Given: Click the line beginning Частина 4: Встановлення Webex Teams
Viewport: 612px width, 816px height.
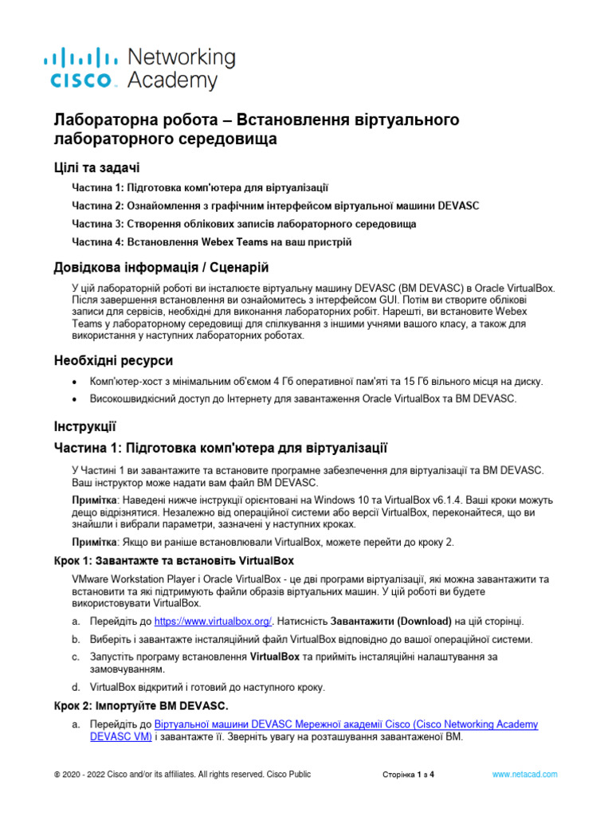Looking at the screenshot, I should tap(211, 241).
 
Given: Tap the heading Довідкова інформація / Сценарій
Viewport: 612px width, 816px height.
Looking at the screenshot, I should tap(166, 266).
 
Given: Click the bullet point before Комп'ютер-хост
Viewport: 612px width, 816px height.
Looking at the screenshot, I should tap(75, 382).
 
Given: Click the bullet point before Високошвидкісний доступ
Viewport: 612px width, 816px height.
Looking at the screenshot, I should tap(75, 400).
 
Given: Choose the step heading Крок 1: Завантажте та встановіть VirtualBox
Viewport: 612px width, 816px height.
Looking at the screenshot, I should tap(174, 560).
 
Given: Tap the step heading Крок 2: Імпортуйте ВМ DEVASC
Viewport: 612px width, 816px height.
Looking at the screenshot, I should tap(140, 705).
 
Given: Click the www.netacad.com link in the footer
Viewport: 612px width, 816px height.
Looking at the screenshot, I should tap(524, 774).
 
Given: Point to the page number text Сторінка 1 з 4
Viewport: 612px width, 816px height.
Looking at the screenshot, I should tap(408, 774).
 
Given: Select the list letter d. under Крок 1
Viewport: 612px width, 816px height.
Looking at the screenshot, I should tap(75, 686).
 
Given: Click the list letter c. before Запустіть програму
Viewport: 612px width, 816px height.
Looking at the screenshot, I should tap(75, 657).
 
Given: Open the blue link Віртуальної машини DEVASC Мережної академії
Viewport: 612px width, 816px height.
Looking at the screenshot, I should tap(346, 724).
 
